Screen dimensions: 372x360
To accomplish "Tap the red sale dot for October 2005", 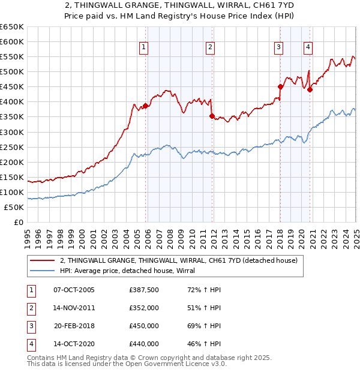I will (x=145, y=106).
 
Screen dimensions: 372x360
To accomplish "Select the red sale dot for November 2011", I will (x=212, y=116).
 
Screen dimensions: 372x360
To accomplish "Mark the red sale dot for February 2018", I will (x=280, y=86).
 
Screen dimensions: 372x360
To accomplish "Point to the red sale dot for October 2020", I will (x=310, y=89).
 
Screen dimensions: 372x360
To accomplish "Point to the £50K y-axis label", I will (x=14, y=207).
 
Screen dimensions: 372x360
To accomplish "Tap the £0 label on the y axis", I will (x=18, y=222).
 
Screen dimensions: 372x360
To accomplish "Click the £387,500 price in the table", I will (x=144, y=290).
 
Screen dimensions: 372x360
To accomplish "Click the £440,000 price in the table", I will (x=144, y=344).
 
